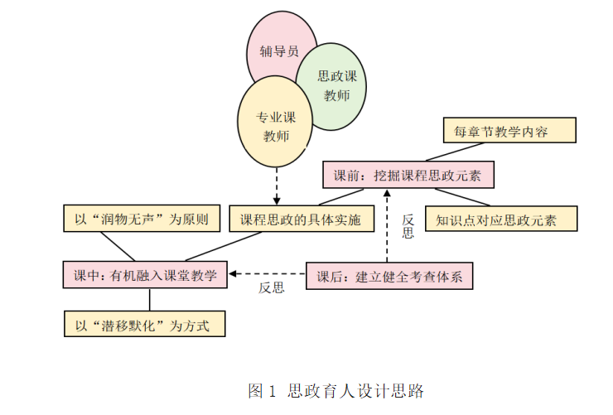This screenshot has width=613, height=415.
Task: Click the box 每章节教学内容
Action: pyautogui.click(x=506, y=131)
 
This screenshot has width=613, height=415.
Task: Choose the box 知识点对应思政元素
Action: pyautogui.click(x=501, y=220)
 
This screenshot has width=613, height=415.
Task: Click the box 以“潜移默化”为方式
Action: pyautogui.click(x=145, y=324)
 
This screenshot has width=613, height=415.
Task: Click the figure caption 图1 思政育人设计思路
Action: pyautogui.click(x=335, y=389)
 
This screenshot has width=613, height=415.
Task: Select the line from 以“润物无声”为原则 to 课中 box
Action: pyautogui.click(x=120, y=246)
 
